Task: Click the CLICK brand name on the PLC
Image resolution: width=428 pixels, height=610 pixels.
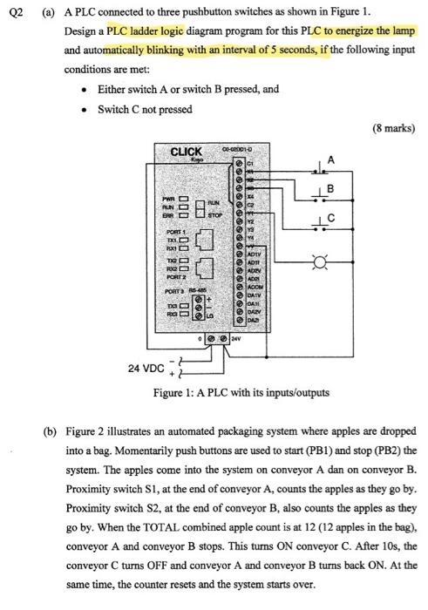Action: point(186,152)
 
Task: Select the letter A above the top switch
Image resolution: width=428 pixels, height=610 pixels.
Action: point(330,158)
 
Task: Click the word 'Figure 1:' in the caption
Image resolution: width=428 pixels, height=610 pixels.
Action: point(176,393)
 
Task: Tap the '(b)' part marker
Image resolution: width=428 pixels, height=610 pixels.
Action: point(51,431)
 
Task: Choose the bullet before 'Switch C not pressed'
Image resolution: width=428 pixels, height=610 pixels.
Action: point(83,109)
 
